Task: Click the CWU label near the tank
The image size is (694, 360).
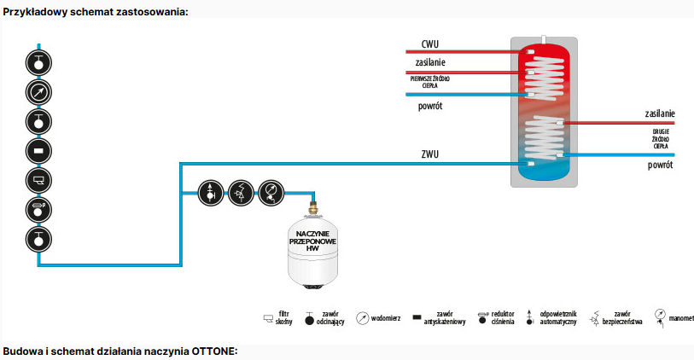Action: (x=430, y=44)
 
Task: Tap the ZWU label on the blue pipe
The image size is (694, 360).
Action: (x=431, y=154)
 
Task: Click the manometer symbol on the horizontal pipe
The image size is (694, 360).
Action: (x=270, y=192)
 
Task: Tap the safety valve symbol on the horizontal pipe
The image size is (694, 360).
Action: (x=240, y=192)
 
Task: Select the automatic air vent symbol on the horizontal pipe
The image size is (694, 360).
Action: (x=210, y=192)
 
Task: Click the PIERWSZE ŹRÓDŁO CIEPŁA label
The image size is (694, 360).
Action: (x=431, y=81)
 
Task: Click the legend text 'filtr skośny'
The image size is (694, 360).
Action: (x=286, y=318)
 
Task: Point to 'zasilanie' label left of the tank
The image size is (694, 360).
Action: (x=431, y=62)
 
